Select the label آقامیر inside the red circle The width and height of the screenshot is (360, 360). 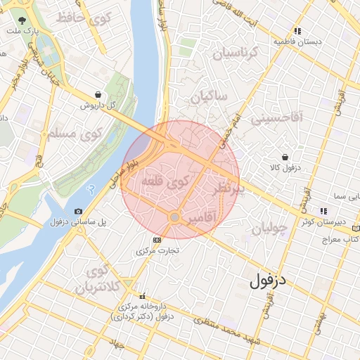click(202, 220)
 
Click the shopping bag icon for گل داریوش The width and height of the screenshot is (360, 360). click(97, 95)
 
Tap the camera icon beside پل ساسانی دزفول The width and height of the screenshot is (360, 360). click(78, 211)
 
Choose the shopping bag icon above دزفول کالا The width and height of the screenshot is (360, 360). click(285, 157)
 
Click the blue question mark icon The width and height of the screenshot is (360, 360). click(90, 190)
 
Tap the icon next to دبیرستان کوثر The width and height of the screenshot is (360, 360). click(323, 210)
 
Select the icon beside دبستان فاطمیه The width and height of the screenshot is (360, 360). click(298, 31)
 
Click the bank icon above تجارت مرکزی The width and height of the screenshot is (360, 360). click(156, 239)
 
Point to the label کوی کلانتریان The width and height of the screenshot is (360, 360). click(94, 279)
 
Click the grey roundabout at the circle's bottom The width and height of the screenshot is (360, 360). click(174, 217)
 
